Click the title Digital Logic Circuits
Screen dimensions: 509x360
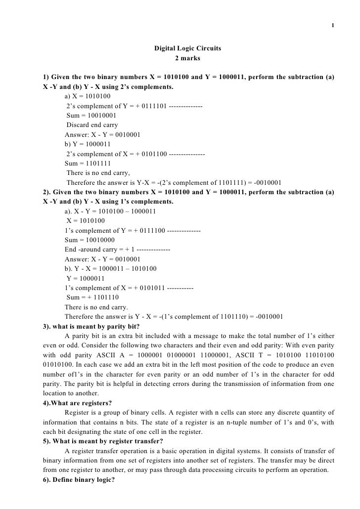pyautogui.click(x=187, y=49)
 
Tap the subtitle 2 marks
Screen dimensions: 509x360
pyautogui.click(x=187, y=58)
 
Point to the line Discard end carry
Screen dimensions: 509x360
pyautogui.click(x=92, y=125)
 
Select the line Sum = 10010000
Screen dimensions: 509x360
pyautogui.click(x=90, y=240)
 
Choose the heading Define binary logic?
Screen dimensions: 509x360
pyautogui.click(x=79, y=479)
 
